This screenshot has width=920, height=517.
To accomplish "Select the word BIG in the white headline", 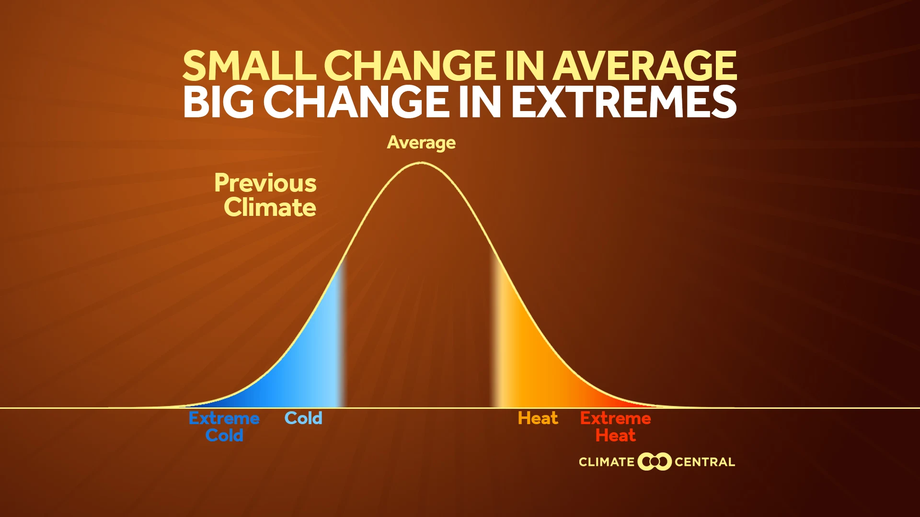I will (218, 102).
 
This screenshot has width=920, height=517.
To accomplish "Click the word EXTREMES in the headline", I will (623, 102).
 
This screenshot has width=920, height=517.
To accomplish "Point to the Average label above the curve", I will (421, 143).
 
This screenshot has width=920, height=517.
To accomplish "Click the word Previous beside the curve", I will (265, 183).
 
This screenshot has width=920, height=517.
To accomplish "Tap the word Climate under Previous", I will (270, 207).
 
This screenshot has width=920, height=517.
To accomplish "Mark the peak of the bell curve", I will (421, 163).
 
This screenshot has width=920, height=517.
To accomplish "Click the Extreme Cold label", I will (224, 427).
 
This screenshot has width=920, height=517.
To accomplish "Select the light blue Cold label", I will (303, 418).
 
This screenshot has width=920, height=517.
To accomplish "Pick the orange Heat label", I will (538, 418).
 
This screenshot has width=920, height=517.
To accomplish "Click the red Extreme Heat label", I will (615, 427).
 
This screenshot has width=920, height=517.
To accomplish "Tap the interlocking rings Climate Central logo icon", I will (654, 461).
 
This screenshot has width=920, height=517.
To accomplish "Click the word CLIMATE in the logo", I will (606, 462).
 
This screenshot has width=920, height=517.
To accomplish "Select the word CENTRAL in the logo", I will (704, 462).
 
